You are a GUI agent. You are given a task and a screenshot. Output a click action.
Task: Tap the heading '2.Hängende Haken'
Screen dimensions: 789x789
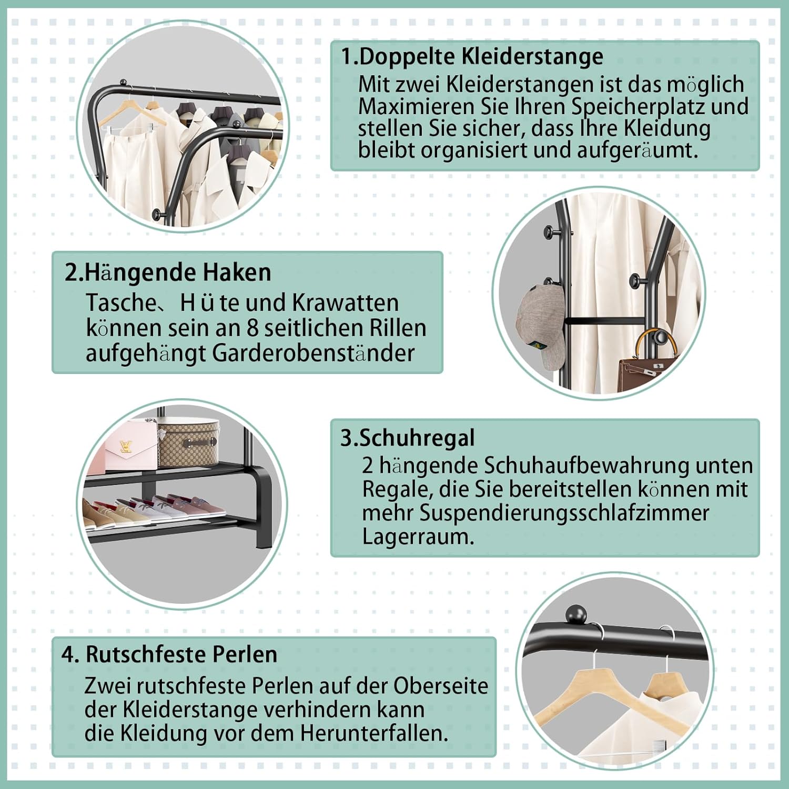(x=168, y=272)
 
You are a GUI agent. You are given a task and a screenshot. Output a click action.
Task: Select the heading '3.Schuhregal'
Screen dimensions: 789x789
(x=408, y=438)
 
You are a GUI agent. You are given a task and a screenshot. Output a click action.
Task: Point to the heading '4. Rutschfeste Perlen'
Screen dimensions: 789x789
(x=169, y=654)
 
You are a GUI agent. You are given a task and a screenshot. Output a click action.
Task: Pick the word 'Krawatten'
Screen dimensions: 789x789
(x=345, y=302)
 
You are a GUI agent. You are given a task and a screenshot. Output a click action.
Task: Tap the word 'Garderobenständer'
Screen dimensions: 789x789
(x=313, y=353)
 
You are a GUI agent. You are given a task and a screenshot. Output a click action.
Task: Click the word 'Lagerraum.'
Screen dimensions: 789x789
(x=418, y=537)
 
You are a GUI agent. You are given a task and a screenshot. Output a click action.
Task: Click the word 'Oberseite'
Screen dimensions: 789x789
(x=441, y=686)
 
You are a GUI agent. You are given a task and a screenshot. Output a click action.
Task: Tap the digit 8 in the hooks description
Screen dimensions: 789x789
(x=253, y=328)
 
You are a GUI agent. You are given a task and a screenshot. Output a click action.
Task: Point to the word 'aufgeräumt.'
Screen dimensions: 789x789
(x=638, y=151)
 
